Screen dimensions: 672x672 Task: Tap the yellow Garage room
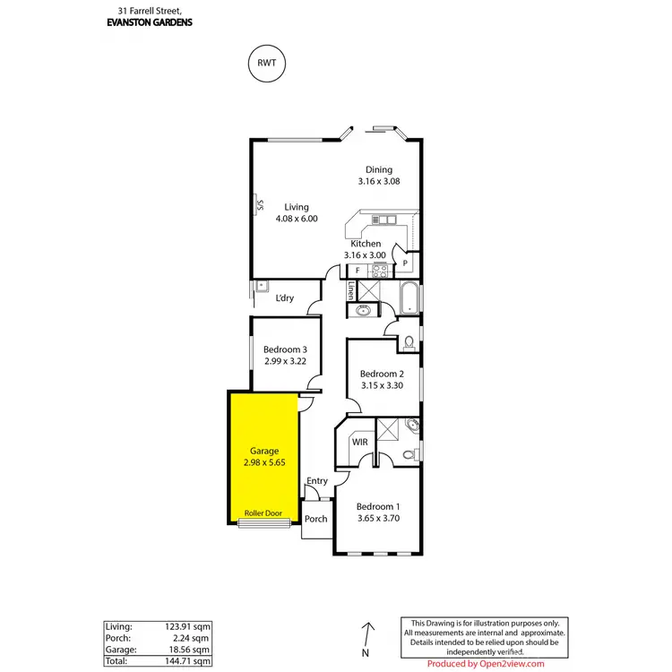tap(264, 457)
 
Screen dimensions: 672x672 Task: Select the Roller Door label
tap(264, 513)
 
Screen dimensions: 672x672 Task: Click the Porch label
tap(315, 519)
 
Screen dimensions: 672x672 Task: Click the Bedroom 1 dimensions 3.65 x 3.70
tap(380, 518)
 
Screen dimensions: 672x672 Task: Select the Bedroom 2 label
tap(383, 374)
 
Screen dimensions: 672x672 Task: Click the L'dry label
tap(285, 298)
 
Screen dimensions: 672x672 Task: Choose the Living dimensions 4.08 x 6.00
tap(296, 218)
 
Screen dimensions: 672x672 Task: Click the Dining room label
tap(378, 169)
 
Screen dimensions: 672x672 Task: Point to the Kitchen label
tap(366, 244)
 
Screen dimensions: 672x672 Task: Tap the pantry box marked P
tap(405, 263)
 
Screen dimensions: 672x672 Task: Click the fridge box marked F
tap(358, 270)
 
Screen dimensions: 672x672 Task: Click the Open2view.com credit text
tap(485, 664)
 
